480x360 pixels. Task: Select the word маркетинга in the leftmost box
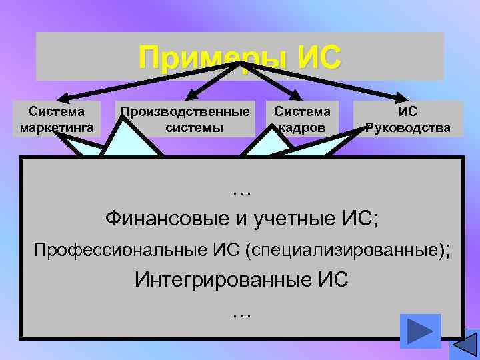(x=57, y=127)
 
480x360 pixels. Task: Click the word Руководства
(x=407, y=127)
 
